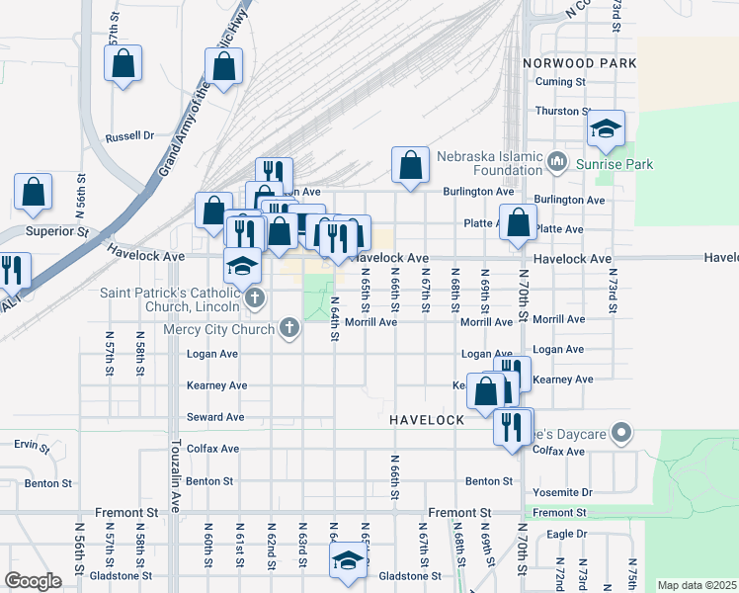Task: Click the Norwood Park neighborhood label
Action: click(x=581, y=63)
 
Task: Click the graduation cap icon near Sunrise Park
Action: click(x=606, y=128)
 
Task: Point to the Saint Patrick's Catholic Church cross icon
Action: click(x=255, y=297)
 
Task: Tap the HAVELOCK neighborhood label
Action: click(x=427, y=420)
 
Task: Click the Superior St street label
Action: click(x=56, y=231)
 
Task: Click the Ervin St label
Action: click(x=33, y=447)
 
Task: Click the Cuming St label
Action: click(x=560, y=82)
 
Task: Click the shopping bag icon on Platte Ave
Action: click(x=518, y=223)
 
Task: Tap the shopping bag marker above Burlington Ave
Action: click(x=410, y=166)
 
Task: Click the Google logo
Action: click(x=33, y=581)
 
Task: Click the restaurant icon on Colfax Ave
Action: click(x=511, y=427)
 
